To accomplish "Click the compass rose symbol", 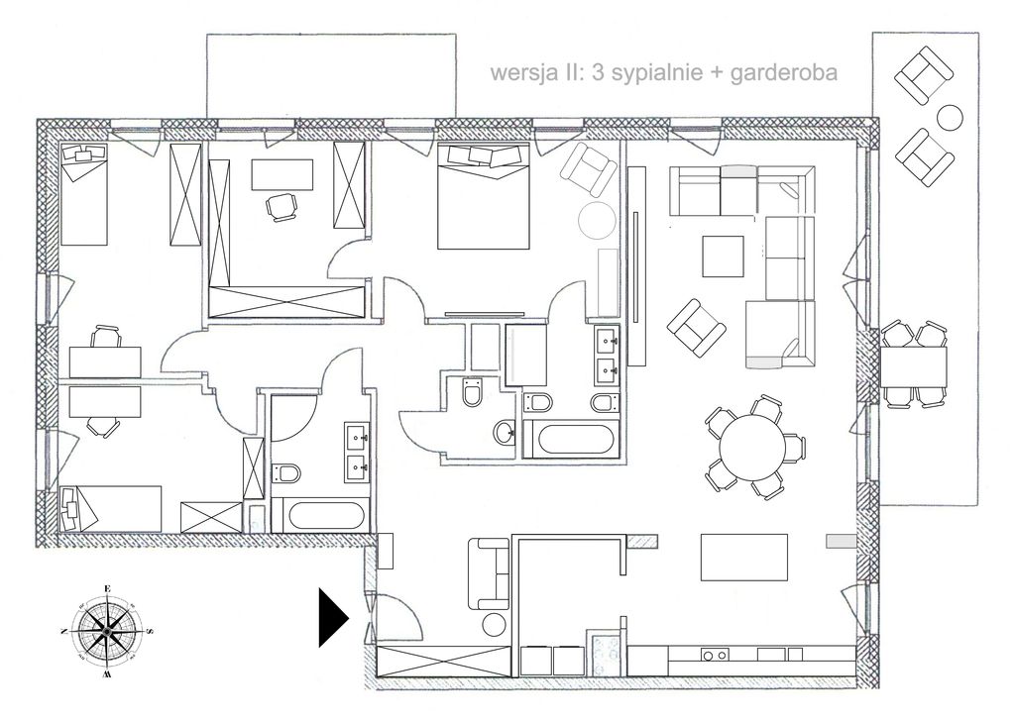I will (x=105, y=630).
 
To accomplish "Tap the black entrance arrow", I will (x=333, y=617).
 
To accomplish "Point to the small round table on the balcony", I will (x=951, y=117).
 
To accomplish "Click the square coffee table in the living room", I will (x=722, y=256).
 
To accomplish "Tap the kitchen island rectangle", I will (x=744, y=557).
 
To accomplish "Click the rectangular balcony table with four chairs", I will (x=915, y=363).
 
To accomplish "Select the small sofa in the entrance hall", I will (x=487, y=573).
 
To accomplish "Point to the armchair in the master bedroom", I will (x=588, y=167).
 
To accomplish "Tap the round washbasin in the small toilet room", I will (x=505, y=431).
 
